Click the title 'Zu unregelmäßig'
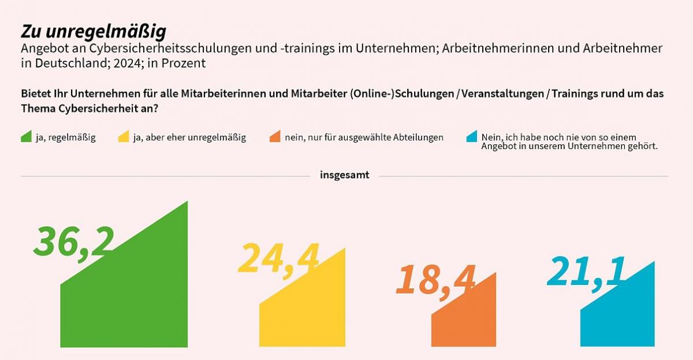coord(93,32)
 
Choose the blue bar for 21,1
coord(618,318)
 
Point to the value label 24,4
coord(278,258)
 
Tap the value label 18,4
coord(435,280)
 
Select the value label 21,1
coord(586,272)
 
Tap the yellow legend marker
coord(124,137)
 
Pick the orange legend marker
coord(275,137)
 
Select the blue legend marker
coord(472,137)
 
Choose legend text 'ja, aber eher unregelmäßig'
coord(189,138)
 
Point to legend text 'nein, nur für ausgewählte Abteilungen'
coord(364,138)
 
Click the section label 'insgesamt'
coord(345,175)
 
